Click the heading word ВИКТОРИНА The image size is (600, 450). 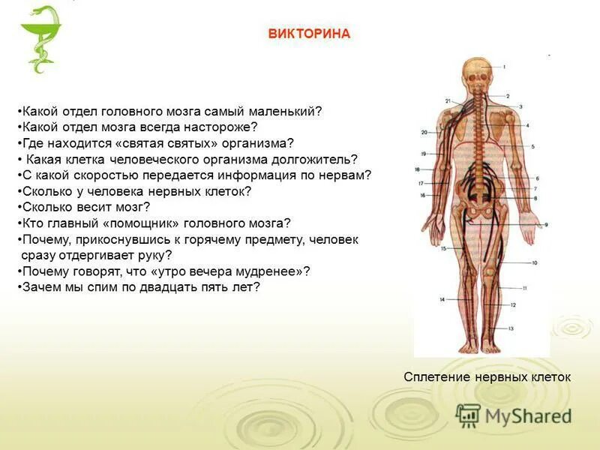coord(310,34)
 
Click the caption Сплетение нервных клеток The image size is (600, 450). coord(487,377)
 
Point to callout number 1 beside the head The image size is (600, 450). coord(504,67)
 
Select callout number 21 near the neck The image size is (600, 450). coord(447,101)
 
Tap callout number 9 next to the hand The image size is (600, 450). coord(546,224)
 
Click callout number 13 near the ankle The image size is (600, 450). coord(510,328)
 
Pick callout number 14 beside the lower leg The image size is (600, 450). coord(442,299)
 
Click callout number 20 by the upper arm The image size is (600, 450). coord(424,133)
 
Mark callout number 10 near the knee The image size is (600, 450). coord(535,262)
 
